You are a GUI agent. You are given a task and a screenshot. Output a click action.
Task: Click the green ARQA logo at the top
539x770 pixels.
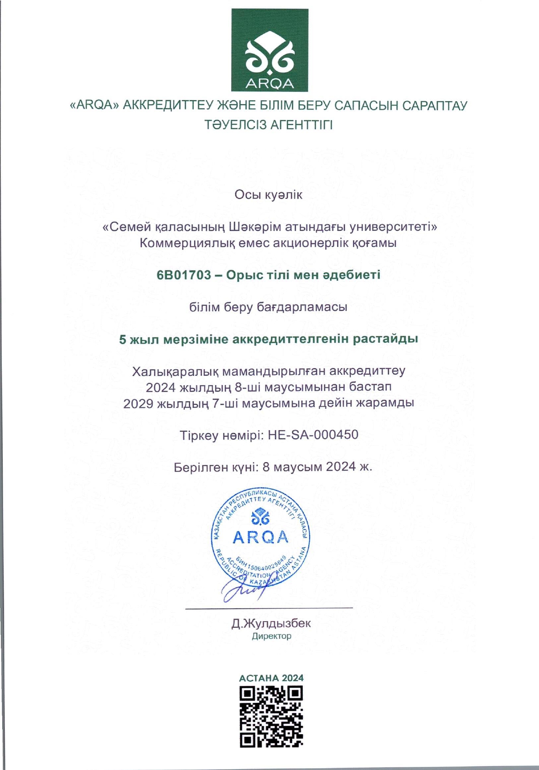[x=270, y=50]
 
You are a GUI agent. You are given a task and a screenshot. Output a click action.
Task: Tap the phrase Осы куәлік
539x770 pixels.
[x=268, y=195]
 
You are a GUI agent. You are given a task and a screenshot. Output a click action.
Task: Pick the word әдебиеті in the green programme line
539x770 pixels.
[x=354, y=275]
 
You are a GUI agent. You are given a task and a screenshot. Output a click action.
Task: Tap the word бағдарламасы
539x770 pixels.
[x=302, y=307]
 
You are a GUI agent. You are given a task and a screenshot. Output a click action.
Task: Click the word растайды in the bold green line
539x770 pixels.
[x=386, y=339]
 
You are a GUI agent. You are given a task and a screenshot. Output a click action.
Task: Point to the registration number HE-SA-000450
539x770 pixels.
[x=313, y=435]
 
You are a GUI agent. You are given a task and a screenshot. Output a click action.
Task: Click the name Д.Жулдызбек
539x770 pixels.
[x=271, y=623]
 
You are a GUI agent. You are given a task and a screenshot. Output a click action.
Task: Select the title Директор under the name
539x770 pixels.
[x=271, y=636]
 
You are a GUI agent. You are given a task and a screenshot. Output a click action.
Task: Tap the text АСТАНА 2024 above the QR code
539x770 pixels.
[x=271, y=678]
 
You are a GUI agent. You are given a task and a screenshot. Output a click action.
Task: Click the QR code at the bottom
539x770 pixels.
[x=271, y=717]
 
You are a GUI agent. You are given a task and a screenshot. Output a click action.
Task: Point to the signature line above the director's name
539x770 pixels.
[x=269, y=608]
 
